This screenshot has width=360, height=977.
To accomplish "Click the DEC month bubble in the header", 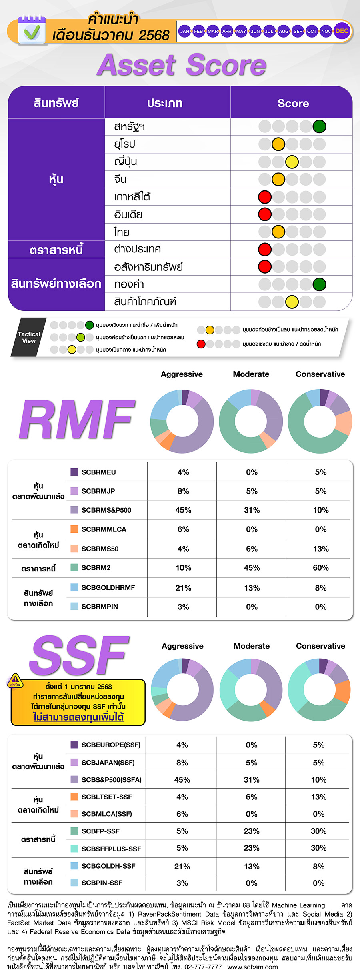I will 342,31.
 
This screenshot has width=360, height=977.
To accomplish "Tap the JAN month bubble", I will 184,31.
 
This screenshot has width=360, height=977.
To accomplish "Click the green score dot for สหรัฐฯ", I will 319,126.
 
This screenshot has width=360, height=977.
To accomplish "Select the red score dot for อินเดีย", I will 265,214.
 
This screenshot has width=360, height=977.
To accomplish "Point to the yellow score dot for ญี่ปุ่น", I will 292,162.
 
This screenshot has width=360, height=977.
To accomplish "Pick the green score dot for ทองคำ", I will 319,284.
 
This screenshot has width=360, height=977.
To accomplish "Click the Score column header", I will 293,103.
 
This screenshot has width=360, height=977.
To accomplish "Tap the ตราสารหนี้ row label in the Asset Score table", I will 56,250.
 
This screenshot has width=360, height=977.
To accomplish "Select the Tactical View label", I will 29,337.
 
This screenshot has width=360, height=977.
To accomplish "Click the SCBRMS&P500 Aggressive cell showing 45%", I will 183,510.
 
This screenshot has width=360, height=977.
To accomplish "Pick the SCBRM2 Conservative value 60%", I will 321,568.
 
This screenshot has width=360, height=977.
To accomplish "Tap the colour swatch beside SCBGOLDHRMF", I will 74,587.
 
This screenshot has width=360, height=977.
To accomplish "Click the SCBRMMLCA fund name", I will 104,529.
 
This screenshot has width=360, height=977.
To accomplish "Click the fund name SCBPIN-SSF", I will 102,883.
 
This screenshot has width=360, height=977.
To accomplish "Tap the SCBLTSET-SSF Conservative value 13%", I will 319,797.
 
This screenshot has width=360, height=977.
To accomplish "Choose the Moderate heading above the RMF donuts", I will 251,374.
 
